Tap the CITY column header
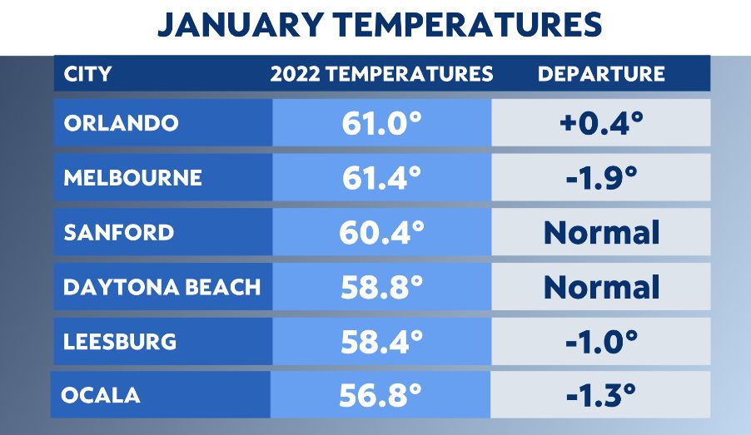coord(87,74)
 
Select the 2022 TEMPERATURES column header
coord(381,74)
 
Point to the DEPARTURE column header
coord(601,74)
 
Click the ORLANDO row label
coord(121,123)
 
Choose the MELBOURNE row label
coord(132,177)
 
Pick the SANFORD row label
coord(118,232)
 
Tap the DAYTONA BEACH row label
coord(162,287)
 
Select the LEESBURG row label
coord(120,341)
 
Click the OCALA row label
coord(100,395)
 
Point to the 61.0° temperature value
coord(381,124)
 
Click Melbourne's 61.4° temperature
coord(381,178)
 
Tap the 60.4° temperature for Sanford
coord(381,233)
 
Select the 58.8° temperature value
coord(381,288)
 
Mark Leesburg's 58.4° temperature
coord(381,342)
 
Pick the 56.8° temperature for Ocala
coord(381,396)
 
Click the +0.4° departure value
coord(601,124)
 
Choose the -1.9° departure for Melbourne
coord(601,178)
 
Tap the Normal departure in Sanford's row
coord(601,233)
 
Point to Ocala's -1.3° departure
coord(601,396)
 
